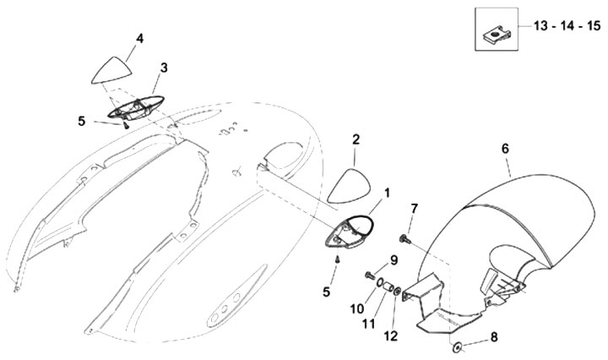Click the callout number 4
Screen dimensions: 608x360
[139, 38]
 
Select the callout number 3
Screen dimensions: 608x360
[164, 67]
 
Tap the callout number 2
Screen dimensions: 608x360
[356, 139]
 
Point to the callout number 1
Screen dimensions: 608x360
[388, 193]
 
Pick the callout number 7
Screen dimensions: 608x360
[415, 208]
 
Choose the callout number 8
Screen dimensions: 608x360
[495, 336]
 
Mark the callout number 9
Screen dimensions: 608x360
[394, 259]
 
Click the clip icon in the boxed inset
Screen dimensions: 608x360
[495, 34]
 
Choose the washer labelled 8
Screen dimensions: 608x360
[458, 346]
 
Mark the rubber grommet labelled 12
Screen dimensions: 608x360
[397, 292]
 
